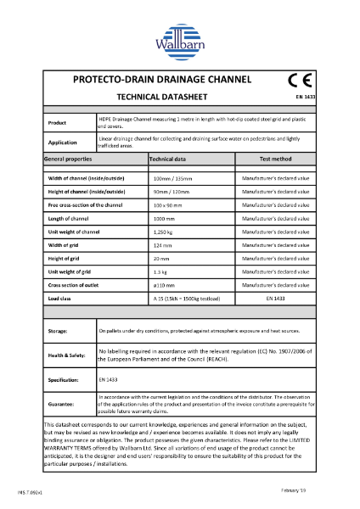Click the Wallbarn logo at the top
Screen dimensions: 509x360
pyautogui.click(x=179, y=38)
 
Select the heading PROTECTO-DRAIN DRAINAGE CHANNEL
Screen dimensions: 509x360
pyautogui.click(x=163, y=81)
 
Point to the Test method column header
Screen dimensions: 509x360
pyautogui.click(x=273, y=159)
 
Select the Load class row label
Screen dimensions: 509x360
pyautogui.click(x=59, y=299)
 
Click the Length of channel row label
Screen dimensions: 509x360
pyautogui.click(x=69, y=218)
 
